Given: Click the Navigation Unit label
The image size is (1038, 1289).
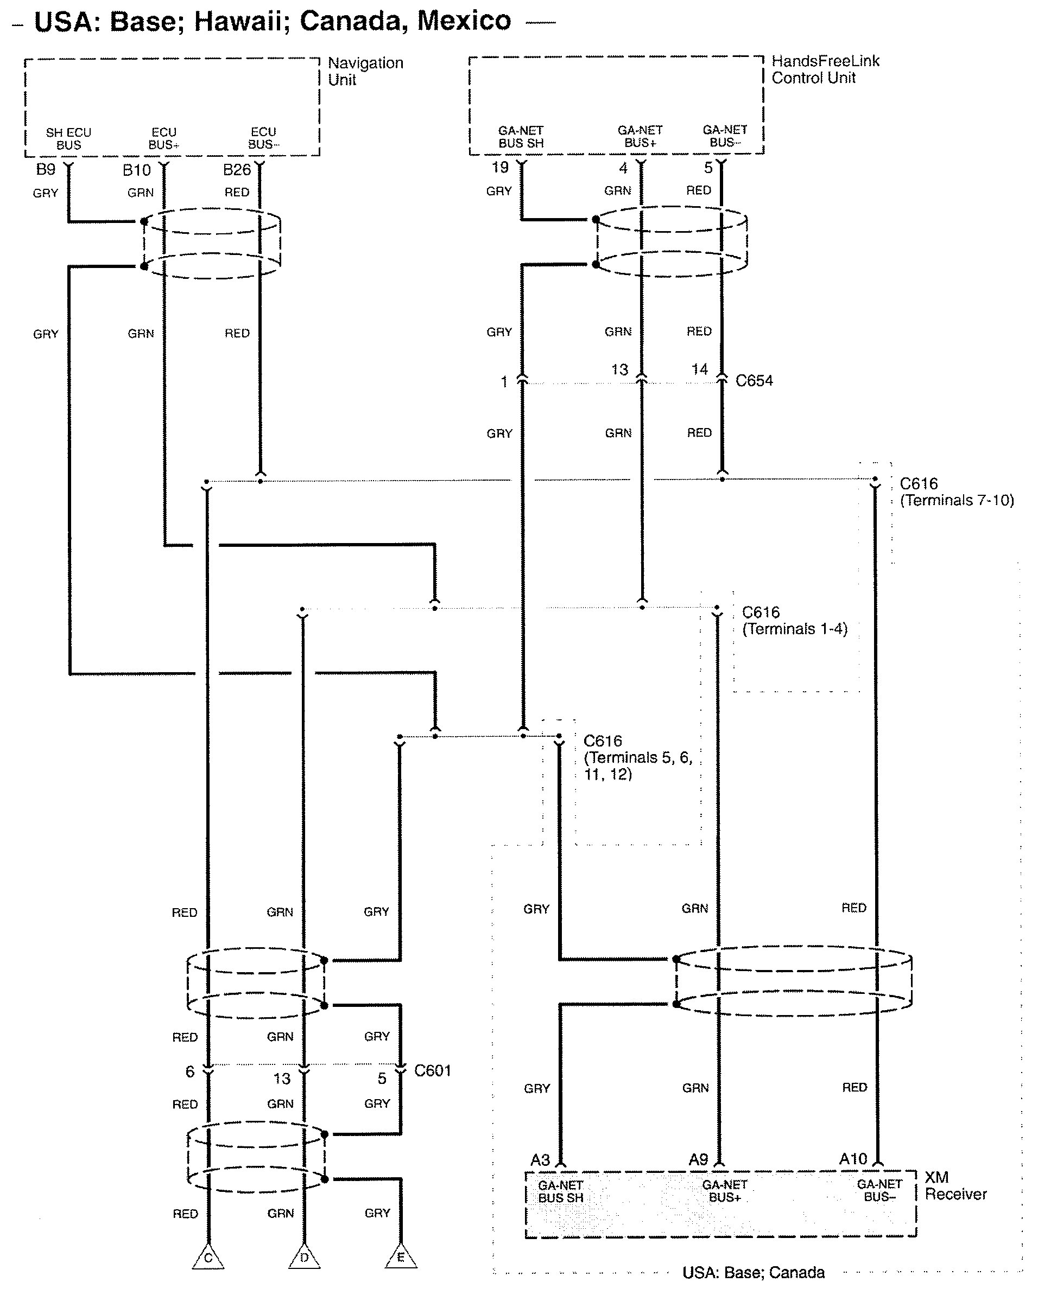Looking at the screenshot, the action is click(x=365, y=71).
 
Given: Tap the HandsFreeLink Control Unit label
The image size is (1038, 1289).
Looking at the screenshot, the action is click(x=826, y=69).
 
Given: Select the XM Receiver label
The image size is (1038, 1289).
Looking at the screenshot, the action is click(x=955, y=1185).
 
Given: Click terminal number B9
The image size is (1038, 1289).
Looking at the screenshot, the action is click(x=46, y=169).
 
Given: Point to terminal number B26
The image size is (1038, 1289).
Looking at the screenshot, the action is click(x=236, y=170).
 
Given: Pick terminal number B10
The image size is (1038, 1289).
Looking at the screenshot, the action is click(x=136, y=170).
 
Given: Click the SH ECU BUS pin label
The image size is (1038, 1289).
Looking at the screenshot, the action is click(x=69, y=139).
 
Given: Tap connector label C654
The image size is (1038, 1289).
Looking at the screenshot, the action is click(x=754, y=381).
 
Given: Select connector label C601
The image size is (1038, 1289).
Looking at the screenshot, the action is click(x=433, y=1071).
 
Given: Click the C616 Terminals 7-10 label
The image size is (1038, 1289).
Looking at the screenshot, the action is click(x=957, y=492).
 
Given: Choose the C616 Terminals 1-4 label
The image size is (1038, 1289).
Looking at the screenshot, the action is click(x=794, y=621).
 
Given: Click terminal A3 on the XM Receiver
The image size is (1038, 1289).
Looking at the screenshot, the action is click(x=540, y=1160).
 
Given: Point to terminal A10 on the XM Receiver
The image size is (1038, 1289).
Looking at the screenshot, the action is click(x=852, y=1159).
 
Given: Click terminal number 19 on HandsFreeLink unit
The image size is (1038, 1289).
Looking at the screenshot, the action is click(x=500, y=168).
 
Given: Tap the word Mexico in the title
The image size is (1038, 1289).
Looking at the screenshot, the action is click(x=464, y=21).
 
